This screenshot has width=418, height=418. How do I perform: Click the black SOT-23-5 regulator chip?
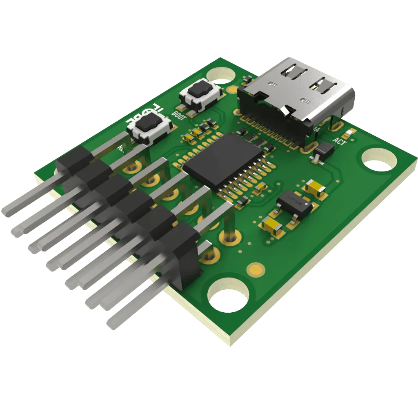(x=294, y=205)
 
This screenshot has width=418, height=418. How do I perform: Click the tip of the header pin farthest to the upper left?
(x=6, y=212)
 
